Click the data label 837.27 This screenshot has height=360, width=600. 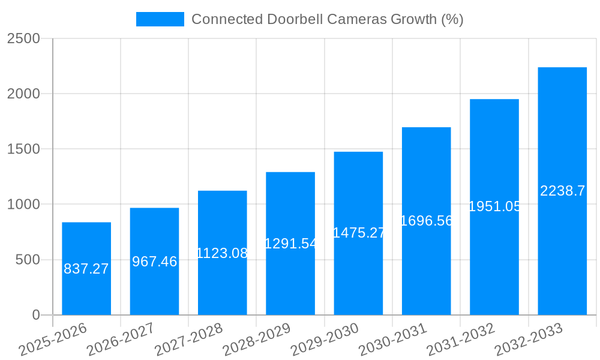coord(86,269)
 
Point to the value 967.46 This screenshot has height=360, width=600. coord(154,262)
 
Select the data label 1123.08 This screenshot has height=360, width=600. coord(222,253)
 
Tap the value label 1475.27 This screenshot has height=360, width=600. coord(358,233)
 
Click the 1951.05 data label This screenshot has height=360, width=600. coord(494,206)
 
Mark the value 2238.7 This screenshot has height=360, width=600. coord(562,191)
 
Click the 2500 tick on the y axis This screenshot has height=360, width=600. coord(23,38)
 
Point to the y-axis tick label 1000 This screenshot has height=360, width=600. coord(23,205)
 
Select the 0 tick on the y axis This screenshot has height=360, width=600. coord(35,315)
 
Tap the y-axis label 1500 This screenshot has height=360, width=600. coord(23,149)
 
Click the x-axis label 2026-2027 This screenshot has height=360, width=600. coord(121,340)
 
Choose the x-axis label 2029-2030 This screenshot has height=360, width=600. coord(325,340)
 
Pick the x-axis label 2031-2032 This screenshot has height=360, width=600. coord(461,340)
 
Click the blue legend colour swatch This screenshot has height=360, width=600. coord(160,19)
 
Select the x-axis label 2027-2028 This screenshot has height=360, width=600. coord(188,340)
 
